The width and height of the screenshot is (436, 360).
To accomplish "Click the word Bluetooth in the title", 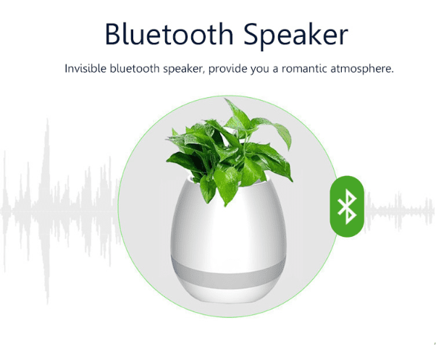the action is tap(169, 33).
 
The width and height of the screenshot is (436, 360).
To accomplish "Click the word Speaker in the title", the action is tap(295, 36).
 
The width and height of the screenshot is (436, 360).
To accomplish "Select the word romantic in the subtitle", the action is tap(304, 69).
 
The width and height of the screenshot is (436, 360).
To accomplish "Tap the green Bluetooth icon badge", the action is tap(347, 206).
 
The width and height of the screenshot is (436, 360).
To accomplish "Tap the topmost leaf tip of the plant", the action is tap(225, 99).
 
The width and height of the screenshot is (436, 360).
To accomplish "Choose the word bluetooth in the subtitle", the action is tap(135, 68).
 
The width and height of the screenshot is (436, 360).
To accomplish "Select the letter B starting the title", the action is tap(114, 33).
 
